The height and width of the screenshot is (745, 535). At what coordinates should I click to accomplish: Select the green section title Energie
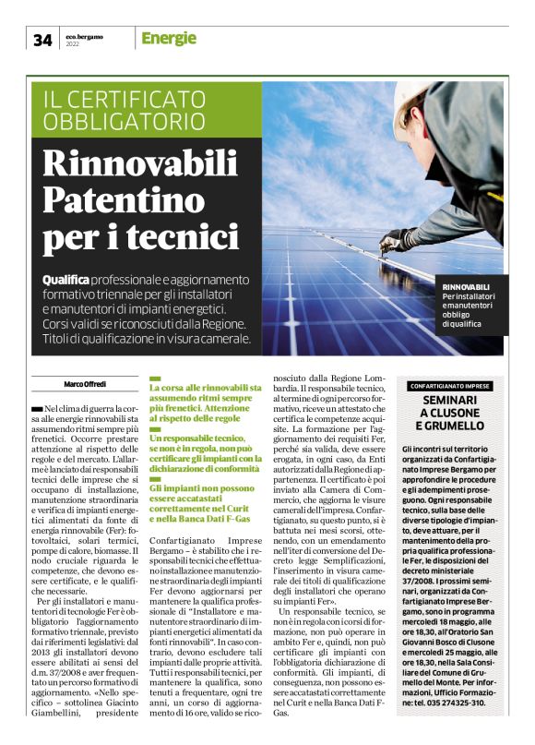coord(169,38)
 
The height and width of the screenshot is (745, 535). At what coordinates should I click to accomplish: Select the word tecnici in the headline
coord(164,236)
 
